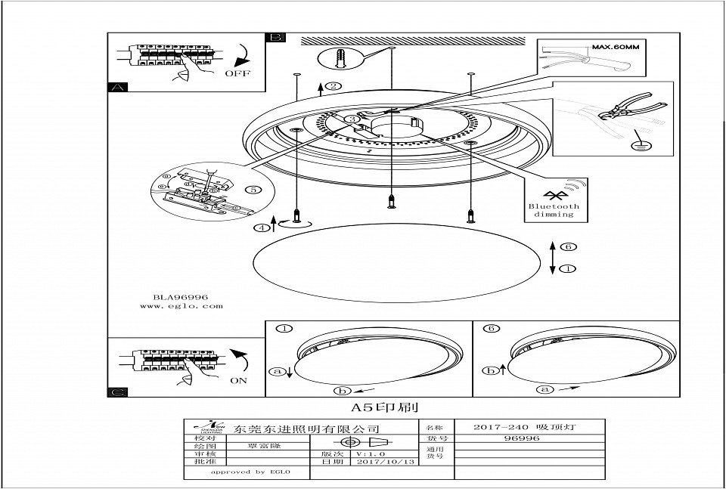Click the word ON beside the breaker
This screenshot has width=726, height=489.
[x=238, y=380]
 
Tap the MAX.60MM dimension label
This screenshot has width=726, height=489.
[x=616, y=47]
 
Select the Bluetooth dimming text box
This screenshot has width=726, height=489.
[x=554, y=200]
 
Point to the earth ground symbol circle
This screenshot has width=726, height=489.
[x=642, y=142]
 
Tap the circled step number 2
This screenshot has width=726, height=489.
[x=334, y=86]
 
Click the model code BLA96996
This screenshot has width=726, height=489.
[x=175, y=298]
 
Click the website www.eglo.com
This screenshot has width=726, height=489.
[x=181, y=307]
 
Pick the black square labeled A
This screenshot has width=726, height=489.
[x=117, y=87]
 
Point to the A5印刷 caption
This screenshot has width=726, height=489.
[x=374, y=407]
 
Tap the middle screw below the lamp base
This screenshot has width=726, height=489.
[x=390, y=200]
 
